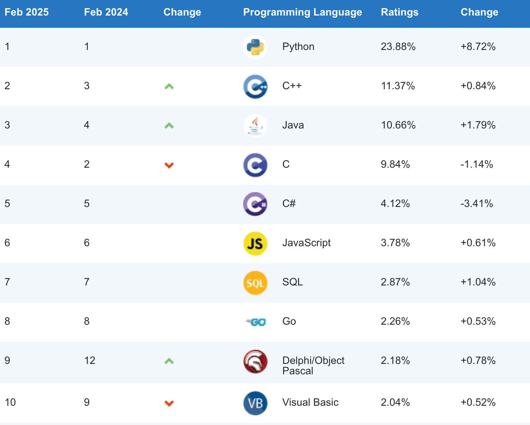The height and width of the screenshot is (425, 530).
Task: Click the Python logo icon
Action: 255,47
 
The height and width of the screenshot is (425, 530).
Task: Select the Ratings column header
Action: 399,12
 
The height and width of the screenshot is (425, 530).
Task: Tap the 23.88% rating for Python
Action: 398,47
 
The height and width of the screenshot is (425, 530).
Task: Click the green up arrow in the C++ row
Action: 169,87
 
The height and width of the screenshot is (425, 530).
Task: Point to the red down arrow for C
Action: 169,165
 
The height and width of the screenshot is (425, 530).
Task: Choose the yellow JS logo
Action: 255,244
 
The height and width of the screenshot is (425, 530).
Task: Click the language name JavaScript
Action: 306,243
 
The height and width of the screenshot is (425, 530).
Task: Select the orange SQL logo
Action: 255,283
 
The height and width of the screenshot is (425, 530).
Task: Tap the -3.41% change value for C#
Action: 476,204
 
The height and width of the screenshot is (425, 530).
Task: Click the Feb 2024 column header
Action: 106,12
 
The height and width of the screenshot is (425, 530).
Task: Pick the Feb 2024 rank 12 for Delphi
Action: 90,361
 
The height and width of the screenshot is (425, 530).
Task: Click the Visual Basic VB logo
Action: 255,403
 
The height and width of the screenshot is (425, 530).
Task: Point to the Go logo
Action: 256,322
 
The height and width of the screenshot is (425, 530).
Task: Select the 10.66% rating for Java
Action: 398,125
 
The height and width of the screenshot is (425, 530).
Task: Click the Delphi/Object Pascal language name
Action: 313,365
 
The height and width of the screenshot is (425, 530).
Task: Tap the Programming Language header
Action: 302,12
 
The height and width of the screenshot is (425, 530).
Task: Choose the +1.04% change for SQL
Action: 478,282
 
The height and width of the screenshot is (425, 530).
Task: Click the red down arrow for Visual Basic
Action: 169,403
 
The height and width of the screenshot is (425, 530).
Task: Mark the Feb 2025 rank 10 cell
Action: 10,402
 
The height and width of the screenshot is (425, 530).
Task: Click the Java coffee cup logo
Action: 255,126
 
